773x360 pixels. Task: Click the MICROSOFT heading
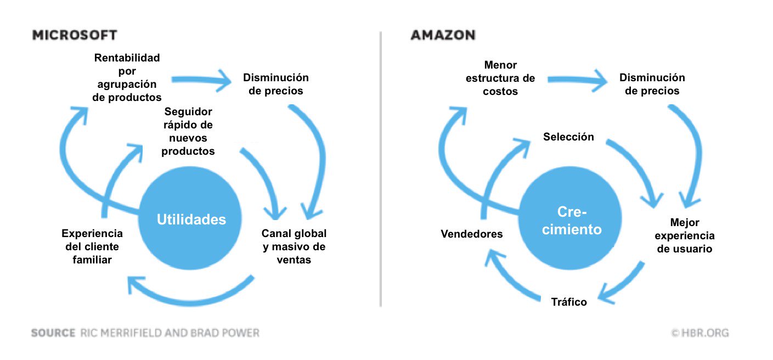[75, 35]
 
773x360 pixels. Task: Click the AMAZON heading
[443, 35]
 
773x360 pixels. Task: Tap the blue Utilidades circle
[190, 220]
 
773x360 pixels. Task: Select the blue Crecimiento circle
[572, 221]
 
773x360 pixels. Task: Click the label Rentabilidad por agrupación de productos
[127, 77]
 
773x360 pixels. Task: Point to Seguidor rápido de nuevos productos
[188, 131]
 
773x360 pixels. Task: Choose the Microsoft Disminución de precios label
[275, 84]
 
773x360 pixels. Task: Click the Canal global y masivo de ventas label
[294, 247]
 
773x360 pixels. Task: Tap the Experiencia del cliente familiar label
[92, 246]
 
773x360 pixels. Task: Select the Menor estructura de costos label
[500, 78]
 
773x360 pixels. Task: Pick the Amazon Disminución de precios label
[652, 84]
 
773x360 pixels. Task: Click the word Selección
[568, 137]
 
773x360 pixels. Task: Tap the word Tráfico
[568, 302]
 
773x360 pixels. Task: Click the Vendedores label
[471, 234]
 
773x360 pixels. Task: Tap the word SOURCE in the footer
[53, 333]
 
